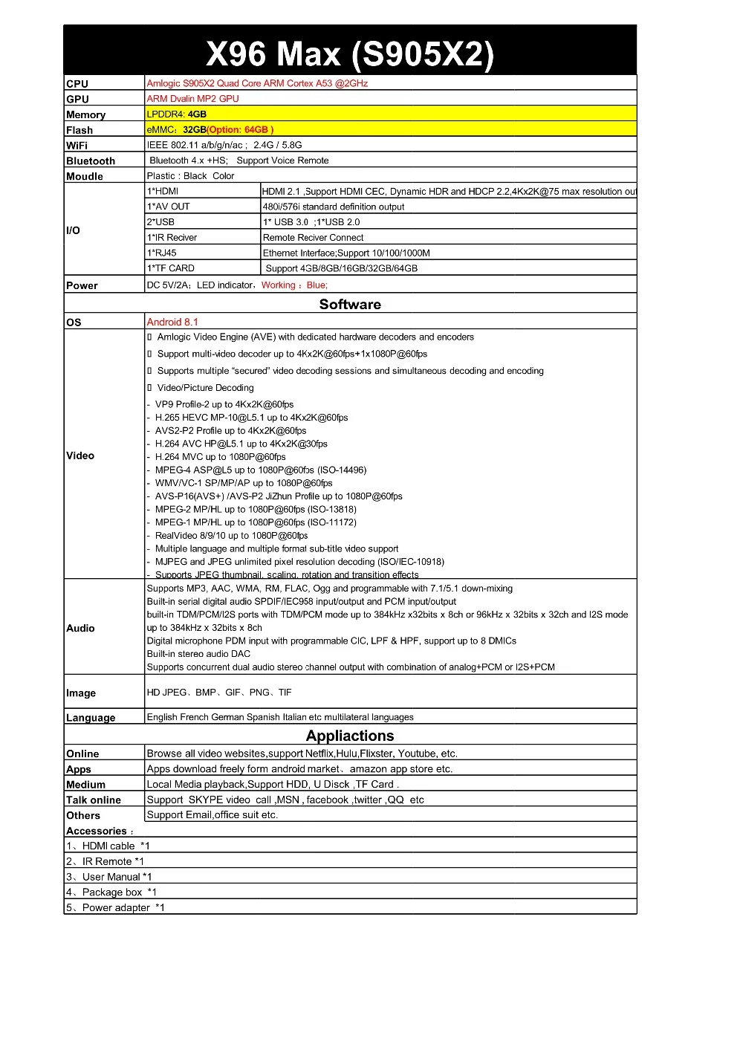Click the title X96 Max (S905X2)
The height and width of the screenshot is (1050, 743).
pyautogui.click(x=349, y=54)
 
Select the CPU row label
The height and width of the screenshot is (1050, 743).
pyautogui.click(x=77, y=84)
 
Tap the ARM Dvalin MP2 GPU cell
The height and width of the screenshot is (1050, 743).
pyautogui.click(x=192, y=99)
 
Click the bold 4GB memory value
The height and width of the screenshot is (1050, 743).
pyautogui.click(x=197, y=114)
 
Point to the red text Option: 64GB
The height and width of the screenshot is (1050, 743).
pyautogui.click(x=241, y=130)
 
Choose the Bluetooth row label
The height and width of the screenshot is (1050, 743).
pyautogui.click(x=91, y=161)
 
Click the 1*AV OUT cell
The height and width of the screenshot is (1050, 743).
pyautogui.click(x=169, y=207)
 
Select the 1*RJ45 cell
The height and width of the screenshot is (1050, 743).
pyautogui.click(x=162, y=253)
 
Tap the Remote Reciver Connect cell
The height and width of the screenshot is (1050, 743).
pyautogui.click(x=313, y=238)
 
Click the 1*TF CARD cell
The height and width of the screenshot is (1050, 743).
pyautogui.click(x=171, y=268)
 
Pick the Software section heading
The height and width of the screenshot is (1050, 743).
pyautogui.click(x=350, y=304)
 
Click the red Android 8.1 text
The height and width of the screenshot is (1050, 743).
pyautogui.click(x=172, y=322)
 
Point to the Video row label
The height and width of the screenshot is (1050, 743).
pyautogui.click(x=80, y=456)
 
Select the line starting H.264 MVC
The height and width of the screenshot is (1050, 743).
pyautogui.click(x=220, y=457)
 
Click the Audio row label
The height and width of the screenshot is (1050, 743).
pyautogui.click(x=80, y=628)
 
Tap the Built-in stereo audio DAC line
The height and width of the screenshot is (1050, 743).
pyautogui.click(x=198, y=654)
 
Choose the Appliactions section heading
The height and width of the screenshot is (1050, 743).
pyautogui.click(x=350, y=736)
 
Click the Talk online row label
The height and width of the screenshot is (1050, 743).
pyautogui.click(x=94, y=800)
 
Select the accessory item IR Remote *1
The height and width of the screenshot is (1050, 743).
pyautogui.click(x=106, y=861)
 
